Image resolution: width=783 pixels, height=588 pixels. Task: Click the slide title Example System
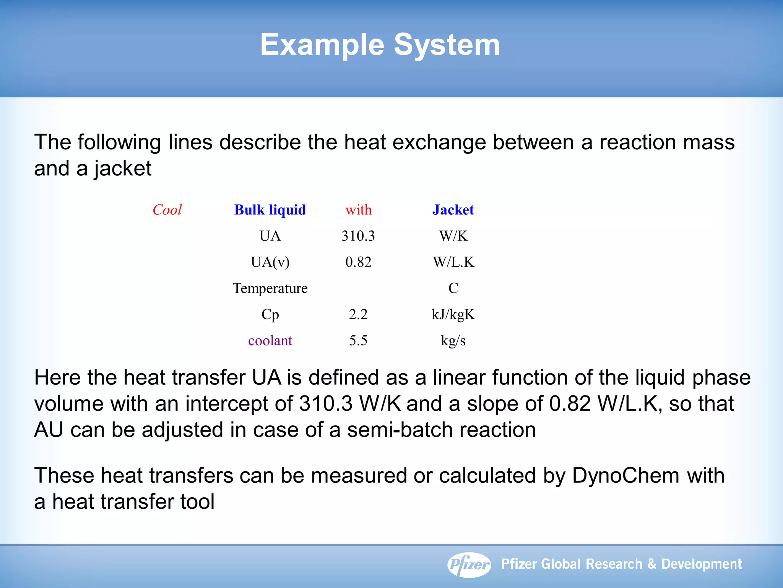click(x=380, y=45)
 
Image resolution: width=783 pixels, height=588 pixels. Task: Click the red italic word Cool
click(x=167, y=210)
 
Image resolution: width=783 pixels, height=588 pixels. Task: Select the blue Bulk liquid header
click(x=270, y=210)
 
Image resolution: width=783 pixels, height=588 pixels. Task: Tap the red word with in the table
click(x=358, y=210)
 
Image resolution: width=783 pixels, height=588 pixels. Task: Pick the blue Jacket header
click(x=453, y=210)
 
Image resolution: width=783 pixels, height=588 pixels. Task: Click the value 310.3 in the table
click(x=358, y=236)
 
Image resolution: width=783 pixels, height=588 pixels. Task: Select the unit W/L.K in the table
click(x=453, y=262)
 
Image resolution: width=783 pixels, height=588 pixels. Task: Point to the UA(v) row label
click(x=270, y=262)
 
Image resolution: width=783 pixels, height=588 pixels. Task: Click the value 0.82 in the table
click(x=358, y=262)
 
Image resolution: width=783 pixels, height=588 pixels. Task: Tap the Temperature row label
click(x=270, y=288)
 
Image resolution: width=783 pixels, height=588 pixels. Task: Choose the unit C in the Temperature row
click(x=453, y=288)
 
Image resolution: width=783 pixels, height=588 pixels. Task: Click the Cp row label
click(x=270, y=315)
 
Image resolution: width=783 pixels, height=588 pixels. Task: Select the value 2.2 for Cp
click(x=358, y=315)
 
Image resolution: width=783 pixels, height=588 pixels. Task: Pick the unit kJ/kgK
click(x=453, y=315)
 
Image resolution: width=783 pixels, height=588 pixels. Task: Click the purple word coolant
click(x=270, y=341)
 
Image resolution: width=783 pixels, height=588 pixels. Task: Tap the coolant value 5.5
click(x=358, y=341)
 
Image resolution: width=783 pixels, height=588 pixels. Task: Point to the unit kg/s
click(x=453, y=341)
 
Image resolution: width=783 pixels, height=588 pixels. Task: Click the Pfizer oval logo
click(x=469, y=565)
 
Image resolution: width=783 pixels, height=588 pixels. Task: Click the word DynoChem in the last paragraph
click(x=625, y=476)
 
